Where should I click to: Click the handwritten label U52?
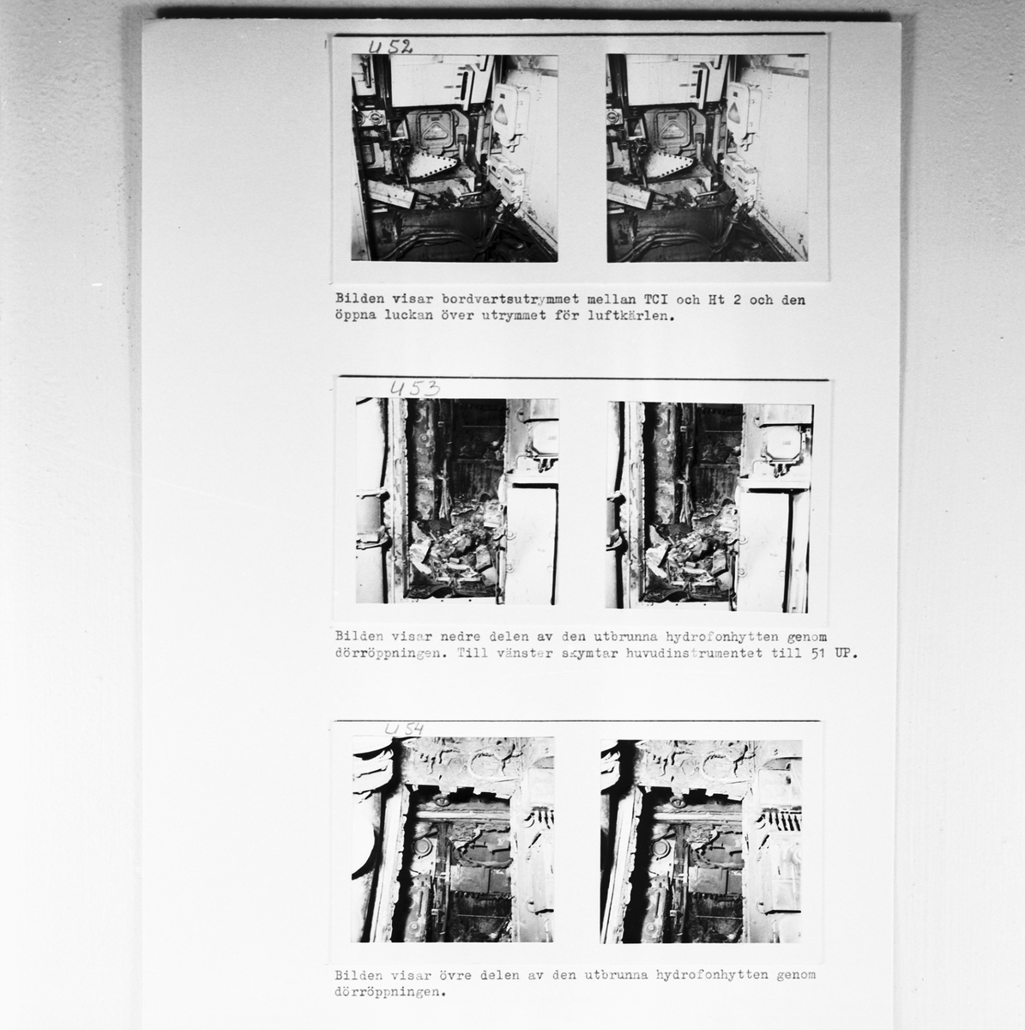tap(390, 47)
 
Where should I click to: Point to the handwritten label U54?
tap(404, 729)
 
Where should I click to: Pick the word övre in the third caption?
tap(455, 974)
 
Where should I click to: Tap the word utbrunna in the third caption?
tap(617, 974)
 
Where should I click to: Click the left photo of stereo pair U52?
tap(455, 158)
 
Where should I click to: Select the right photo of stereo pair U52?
tap(707, 158)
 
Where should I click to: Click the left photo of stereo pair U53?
tap(457, 500)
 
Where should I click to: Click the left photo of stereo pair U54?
tap(453, 839)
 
